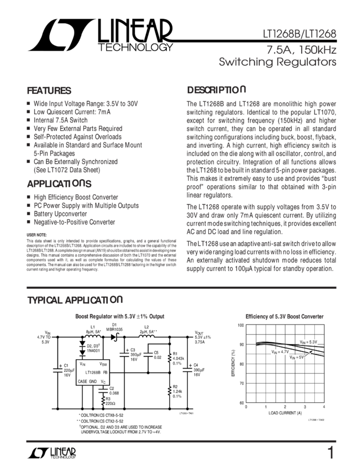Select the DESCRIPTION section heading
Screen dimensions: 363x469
click(215, 90)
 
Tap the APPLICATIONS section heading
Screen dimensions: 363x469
click(60, 183)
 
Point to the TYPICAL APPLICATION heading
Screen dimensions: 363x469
click(75, 300)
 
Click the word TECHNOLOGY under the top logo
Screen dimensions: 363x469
click(135, 49)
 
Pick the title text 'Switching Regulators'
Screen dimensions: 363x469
click(277, 62)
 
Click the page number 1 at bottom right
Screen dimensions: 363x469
click(330, 453)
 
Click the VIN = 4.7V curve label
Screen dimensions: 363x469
click(280, 351)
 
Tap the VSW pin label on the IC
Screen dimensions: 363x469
click(103, 364)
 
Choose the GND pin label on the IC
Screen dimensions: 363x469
click(93, 381)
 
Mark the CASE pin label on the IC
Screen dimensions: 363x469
click(82, 381)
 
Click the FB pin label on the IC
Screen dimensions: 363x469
click(105, 372)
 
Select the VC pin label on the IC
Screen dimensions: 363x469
click(103, 381)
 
